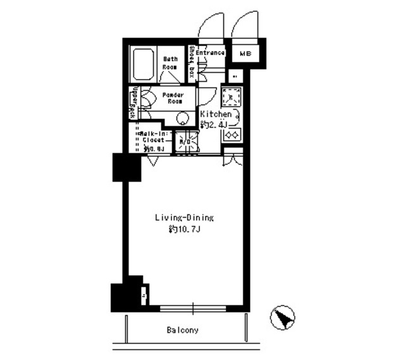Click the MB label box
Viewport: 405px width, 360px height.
click(x=245, y=54)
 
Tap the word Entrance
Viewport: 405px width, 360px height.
click(x=210, y=53)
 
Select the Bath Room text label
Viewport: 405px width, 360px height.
click(x=170, y=63)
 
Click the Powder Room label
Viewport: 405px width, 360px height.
click(x=173, y=98)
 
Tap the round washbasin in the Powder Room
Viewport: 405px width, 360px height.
click(x=184, y=118)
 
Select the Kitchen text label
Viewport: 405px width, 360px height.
click(x=216, y=114)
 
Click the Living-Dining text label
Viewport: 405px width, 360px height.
click(x=184, y=218)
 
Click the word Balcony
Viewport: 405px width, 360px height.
click(x=183, y=330)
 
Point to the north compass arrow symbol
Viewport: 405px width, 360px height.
click(x=283, y=317)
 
